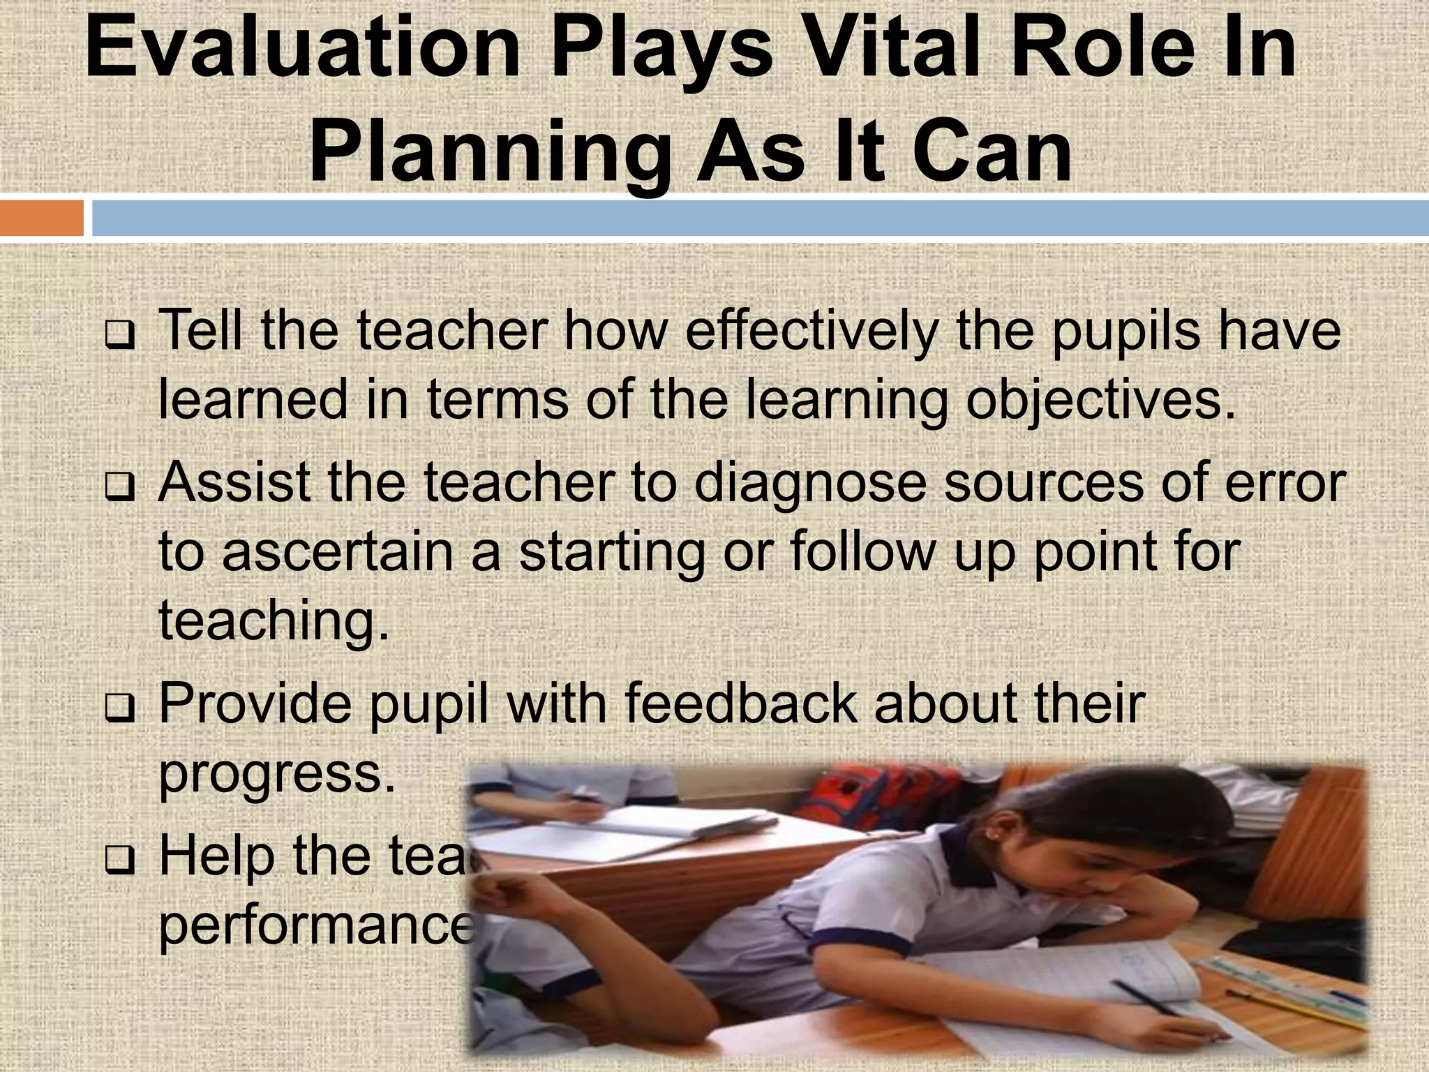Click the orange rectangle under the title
pos(41,218)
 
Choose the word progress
pos(276,775)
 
